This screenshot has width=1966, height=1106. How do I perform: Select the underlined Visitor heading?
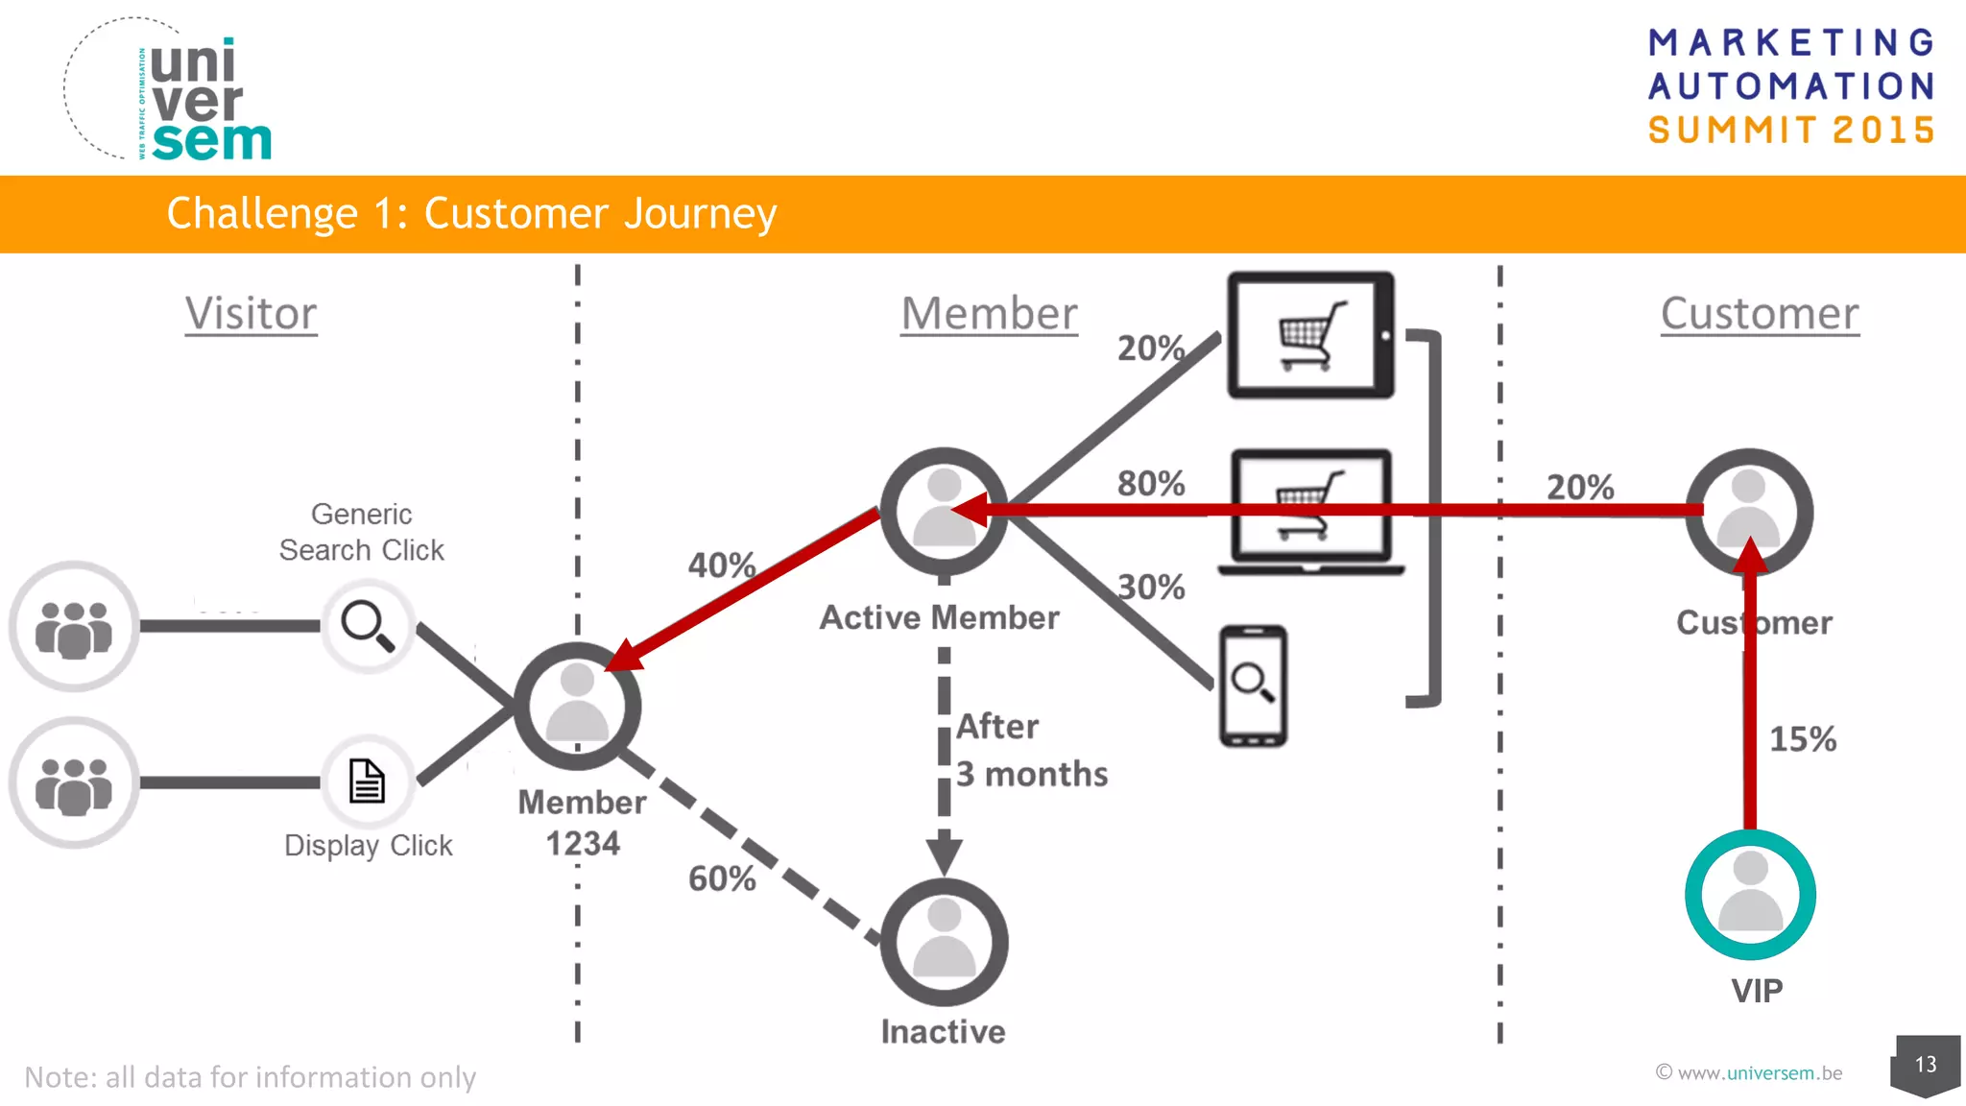click(251, 314)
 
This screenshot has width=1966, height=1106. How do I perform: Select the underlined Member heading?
click(989, 314)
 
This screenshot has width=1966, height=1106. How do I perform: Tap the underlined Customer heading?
click(1760, 314)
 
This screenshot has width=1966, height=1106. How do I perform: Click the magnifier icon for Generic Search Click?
click(368, 626)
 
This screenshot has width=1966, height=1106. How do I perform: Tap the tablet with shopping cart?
click(1310, 335)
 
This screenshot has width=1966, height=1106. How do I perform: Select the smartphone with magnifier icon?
click(1253, 685)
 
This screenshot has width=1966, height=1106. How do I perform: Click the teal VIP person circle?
click(1750, 894)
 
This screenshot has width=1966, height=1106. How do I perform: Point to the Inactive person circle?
click(944, 942)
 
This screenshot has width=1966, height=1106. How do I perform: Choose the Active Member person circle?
click(944, 511)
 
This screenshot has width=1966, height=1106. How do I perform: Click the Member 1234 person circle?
click(577, 706)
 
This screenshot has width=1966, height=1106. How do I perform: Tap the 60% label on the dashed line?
click(722, 878)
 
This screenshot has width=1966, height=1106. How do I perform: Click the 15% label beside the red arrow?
click(1802, 739)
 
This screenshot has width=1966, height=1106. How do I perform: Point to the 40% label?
click(722, 565)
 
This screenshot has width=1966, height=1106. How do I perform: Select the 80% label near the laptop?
click(1151, 484)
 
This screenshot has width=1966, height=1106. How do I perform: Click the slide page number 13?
click(1925, 1064)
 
